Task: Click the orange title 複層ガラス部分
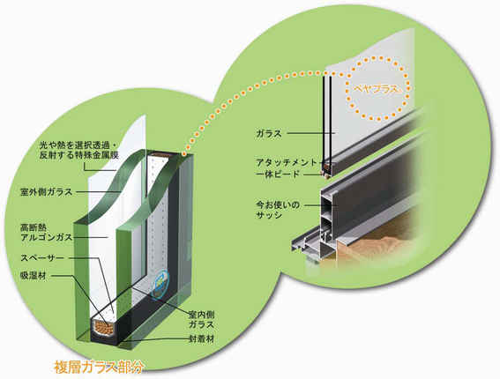click(x=99, y=367)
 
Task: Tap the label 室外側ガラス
click(x=47, y=192)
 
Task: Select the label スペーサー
click(x=42, y=258)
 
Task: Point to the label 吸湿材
click(x=34, y=275)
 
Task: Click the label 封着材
click(x=201, y=338)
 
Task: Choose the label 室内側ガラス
click(x=201, y=320)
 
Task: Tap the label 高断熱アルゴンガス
click(x=47, y=233)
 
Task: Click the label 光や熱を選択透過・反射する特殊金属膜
click(x=79, y=150)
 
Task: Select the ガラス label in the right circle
click(x=269, y=133)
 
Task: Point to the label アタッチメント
click(x=287, y=162)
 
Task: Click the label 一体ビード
click(x=278, y=175)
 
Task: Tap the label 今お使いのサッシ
click(x=278, y=210)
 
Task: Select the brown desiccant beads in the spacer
click(x=103, y=327)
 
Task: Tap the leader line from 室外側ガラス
click(x=99, y=192)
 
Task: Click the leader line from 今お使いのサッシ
click(x=321, y=205)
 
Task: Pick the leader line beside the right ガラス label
click(x=311, y=133)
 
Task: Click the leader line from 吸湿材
click(x=80, y=299)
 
